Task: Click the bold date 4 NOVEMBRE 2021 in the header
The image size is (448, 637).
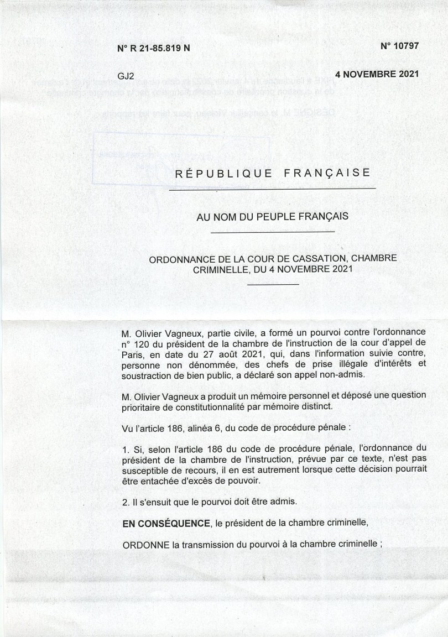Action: [x=377, y=74]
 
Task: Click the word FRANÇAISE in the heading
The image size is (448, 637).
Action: [x=327, y=173]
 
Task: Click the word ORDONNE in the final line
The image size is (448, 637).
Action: [x=146, y=544]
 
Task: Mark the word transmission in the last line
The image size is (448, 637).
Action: [x=200, y=544]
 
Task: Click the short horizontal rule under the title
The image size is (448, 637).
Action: [x=273, y=284]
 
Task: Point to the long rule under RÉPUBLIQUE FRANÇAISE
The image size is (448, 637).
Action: [x=272, y=190]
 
